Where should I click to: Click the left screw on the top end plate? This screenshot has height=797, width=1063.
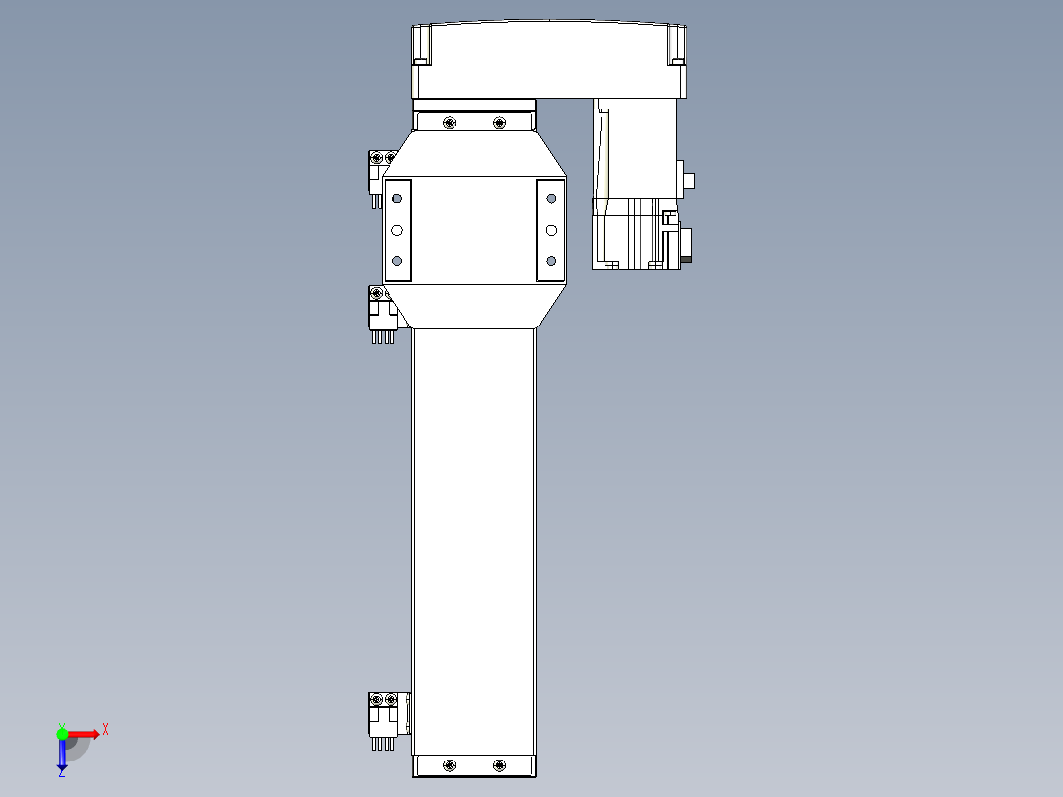450,123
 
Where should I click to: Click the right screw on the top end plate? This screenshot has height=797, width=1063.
499,123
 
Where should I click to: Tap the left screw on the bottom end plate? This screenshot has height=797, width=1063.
450,765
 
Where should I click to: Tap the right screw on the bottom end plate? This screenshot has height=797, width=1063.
499,765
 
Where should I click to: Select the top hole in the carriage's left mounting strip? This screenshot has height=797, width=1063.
397,198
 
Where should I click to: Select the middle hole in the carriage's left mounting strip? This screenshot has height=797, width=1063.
397,230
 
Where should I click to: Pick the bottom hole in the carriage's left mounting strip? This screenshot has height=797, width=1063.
397,261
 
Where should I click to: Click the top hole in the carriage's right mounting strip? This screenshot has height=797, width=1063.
551,198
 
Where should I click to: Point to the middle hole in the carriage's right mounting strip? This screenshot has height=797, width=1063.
551,230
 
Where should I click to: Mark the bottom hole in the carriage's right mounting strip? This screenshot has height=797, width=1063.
551,261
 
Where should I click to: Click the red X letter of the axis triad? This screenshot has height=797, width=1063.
106,729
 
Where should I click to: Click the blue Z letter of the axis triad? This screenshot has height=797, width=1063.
61,773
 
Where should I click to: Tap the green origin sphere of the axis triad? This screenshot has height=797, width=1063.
62,734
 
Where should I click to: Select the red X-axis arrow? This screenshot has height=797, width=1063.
85,734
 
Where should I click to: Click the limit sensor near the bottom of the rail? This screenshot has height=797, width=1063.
384,718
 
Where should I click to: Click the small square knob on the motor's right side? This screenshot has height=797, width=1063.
689,181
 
